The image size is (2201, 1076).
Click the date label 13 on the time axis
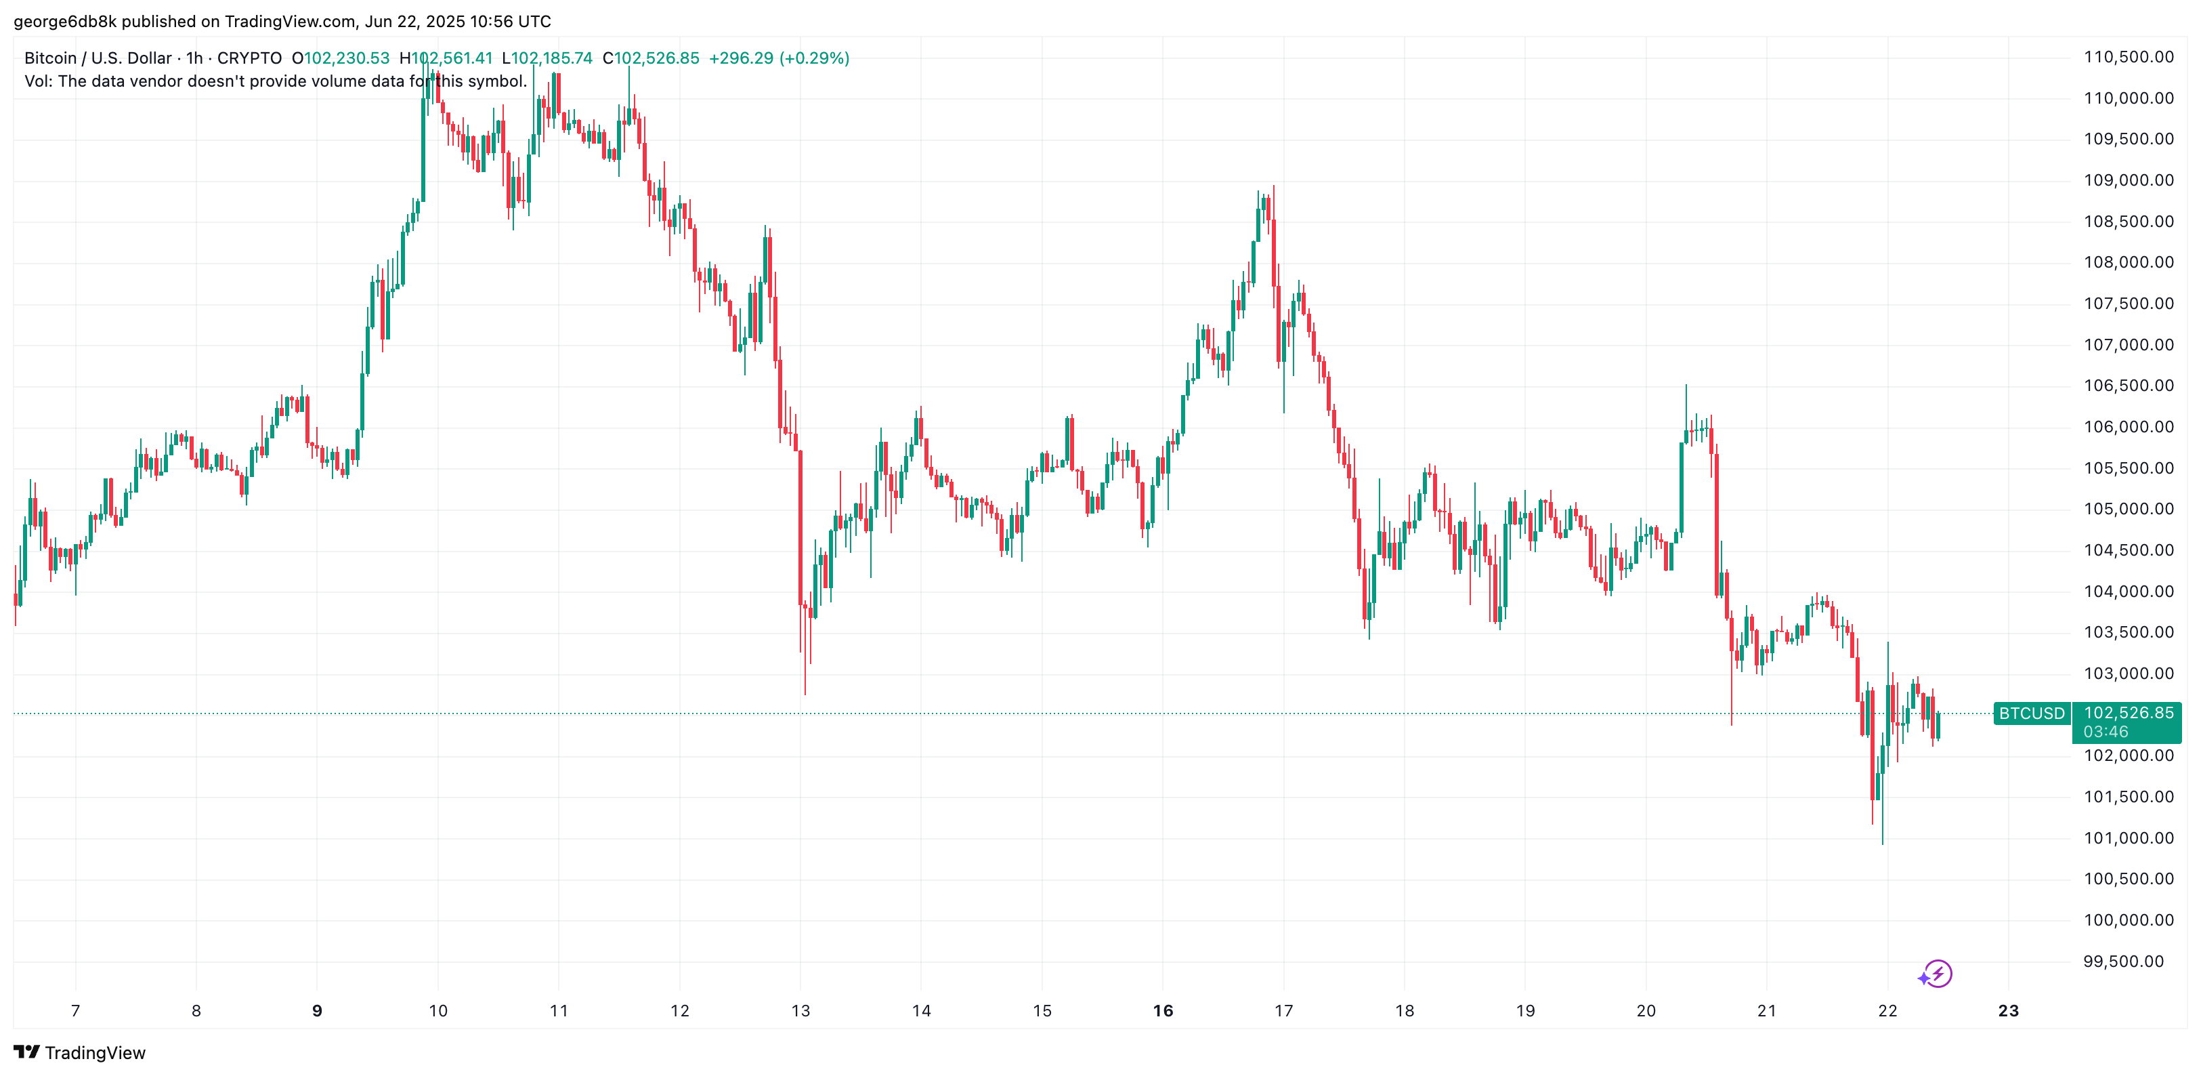pos(800,1011)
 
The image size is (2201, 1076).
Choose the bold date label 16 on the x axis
pos(1162,1011)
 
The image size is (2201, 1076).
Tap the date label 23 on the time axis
pos(2008,1011)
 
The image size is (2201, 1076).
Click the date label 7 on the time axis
pos(75,1011)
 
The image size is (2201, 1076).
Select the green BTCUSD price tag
pos(2031,713)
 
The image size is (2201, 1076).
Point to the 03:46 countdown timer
pos(2106,732)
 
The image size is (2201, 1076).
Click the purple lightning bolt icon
pos(1936,974)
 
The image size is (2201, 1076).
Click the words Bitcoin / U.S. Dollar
pos(98,58)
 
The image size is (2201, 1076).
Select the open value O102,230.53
pos(340,58)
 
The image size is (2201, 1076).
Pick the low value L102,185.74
pos(547,58)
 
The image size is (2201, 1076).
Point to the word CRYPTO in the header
pos(249,58)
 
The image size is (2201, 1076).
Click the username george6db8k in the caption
pos(64,22)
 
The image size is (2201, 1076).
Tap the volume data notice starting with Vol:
pos(275,81)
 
